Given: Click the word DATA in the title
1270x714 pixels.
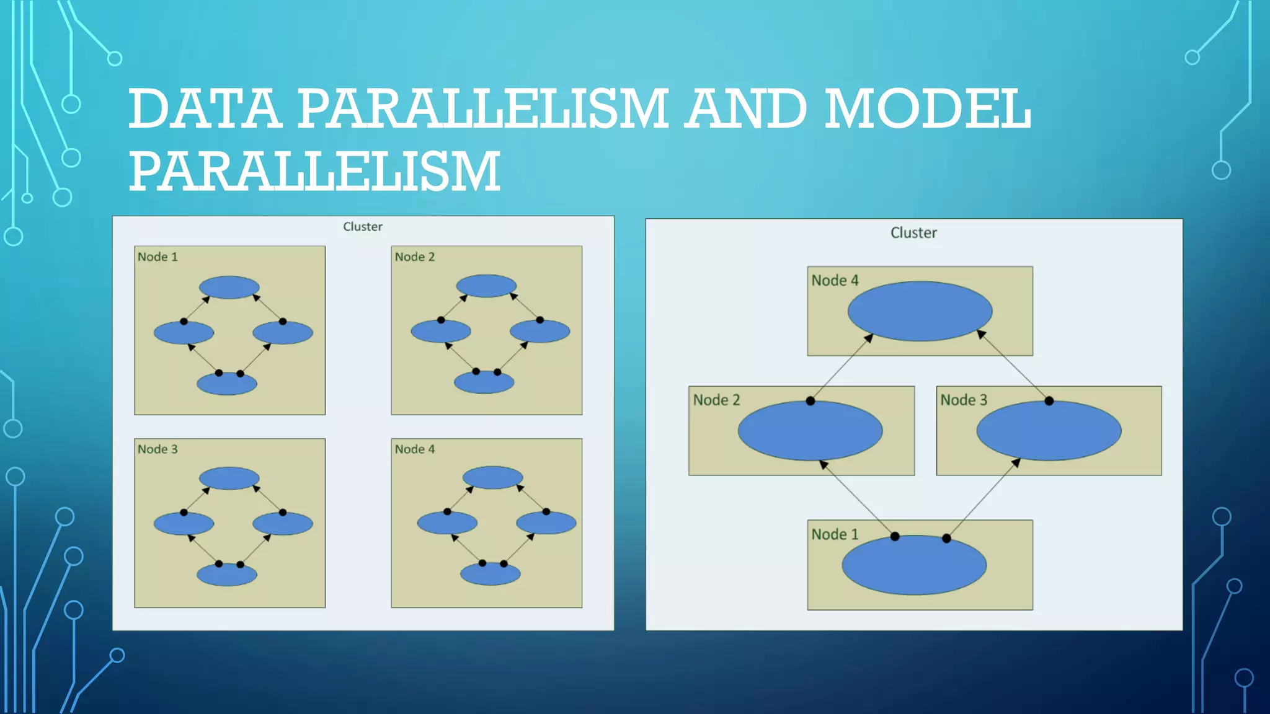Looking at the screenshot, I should coord(205,109).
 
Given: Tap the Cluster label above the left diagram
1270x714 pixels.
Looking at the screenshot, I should coord(363,227).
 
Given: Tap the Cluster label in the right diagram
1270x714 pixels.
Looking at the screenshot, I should coord(913,233).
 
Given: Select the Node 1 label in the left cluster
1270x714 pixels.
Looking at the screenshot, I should coord(158,257).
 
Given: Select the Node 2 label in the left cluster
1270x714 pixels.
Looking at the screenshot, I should coord(415,257).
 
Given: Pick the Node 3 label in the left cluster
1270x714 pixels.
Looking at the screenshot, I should coord(158,449).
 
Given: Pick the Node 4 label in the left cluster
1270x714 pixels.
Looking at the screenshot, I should coord(415,449).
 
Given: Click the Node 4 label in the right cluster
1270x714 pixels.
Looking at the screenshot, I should coord(835,281).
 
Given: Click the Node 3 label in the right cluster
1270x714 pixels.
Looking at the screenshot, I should coord(963,400).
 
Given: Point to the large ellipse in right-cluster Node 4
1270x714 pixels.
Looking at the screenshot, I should coord(920,311).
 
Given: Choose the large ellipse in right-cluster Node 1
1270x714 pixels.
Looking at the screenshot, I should coord(913,565).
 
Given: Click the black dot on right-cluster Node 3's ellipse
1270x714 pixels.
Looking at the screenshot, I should coord(1049,401).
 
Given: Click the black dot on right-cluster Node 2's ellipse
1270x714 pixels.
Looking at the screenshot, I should coord(810,401).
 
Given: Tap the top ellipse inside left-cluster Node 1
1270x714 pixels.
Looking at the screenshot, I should coord(229,288).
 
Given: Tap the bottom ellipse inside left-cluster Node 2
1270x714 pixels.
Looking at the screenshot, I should coord(484,382).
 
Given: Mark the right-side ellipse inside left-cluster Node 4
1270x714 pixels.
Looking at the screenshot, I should coord(546,523).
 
